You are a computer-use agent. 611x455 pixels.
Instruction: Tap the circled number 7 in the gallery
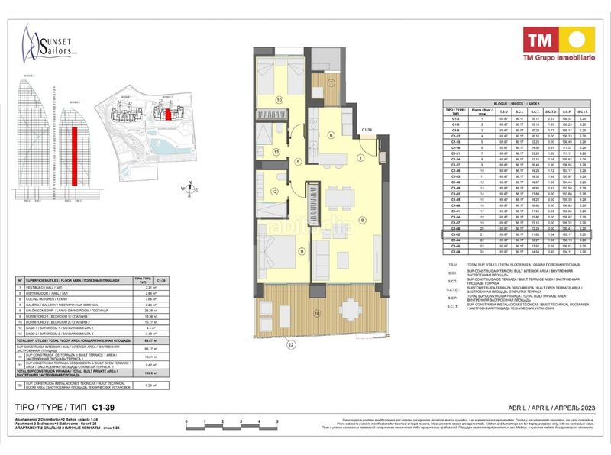[x=331, y=82]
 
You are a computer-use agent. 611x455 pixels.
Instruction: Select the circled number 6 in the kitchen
[x=330, y=134]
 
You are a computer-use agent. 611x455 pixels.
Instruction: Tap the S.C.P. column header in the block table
[x=566, y=111]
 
